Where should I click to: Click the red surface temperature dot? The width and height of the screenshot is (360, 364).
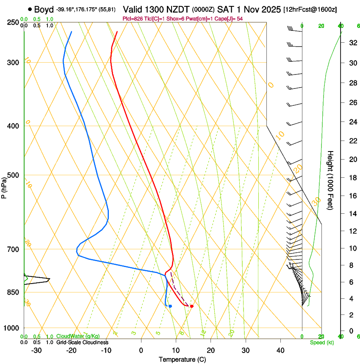tap(192, 306)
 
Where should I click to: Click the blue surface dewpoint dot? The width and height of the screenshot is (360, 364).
tap(170, 306)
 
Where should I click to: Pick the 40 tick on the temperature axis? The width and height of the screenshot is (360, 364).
tap(280, 350)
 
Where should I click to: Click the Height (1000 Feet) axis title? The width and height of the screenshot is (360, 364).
tap(331, 180)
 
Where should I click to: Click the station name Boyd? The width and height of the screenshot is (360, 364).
tap(44, 9)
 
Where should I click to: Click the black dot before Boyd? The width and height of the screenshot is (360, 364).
tap(30, 9)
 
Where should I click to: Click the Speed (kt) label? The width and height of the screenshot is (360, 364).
tap(321, 342)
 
